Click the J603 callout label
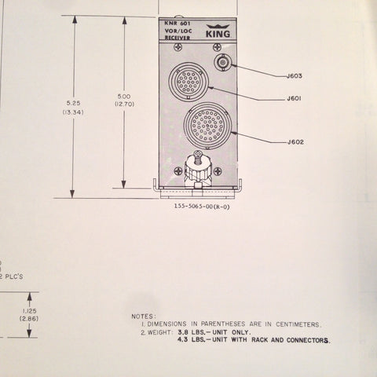(x=295, y=76)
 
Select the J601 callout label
(x=294, y=99)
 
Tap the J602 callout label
(x=295, y=142)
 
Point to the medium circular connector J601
(x=188, y=82)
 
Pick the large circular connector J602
(x=207, y=126)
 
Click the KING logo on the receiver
(x=218, y=31)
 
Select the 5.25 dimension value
(x=73, y=103)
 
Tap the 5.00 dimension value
(x=124, y=97)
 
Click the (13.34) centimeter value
(x=73, y=112)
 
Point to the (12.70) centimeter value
(x=124, y=104)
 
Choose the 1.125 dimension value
(x=29, y=311)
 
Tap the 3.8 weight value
(x=183, y=332)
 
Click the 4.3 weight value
(x=183, y=340)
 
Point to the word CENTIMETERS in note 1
(x=298, y=324)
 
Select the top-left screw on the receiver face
(x=178, y=47)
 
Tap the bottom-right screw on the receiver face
(x=218, y=171)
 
